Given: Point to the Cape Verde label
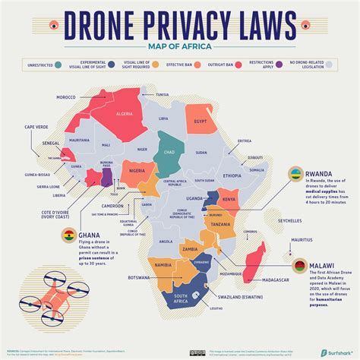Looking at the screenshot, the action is [x=36, y=127].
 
